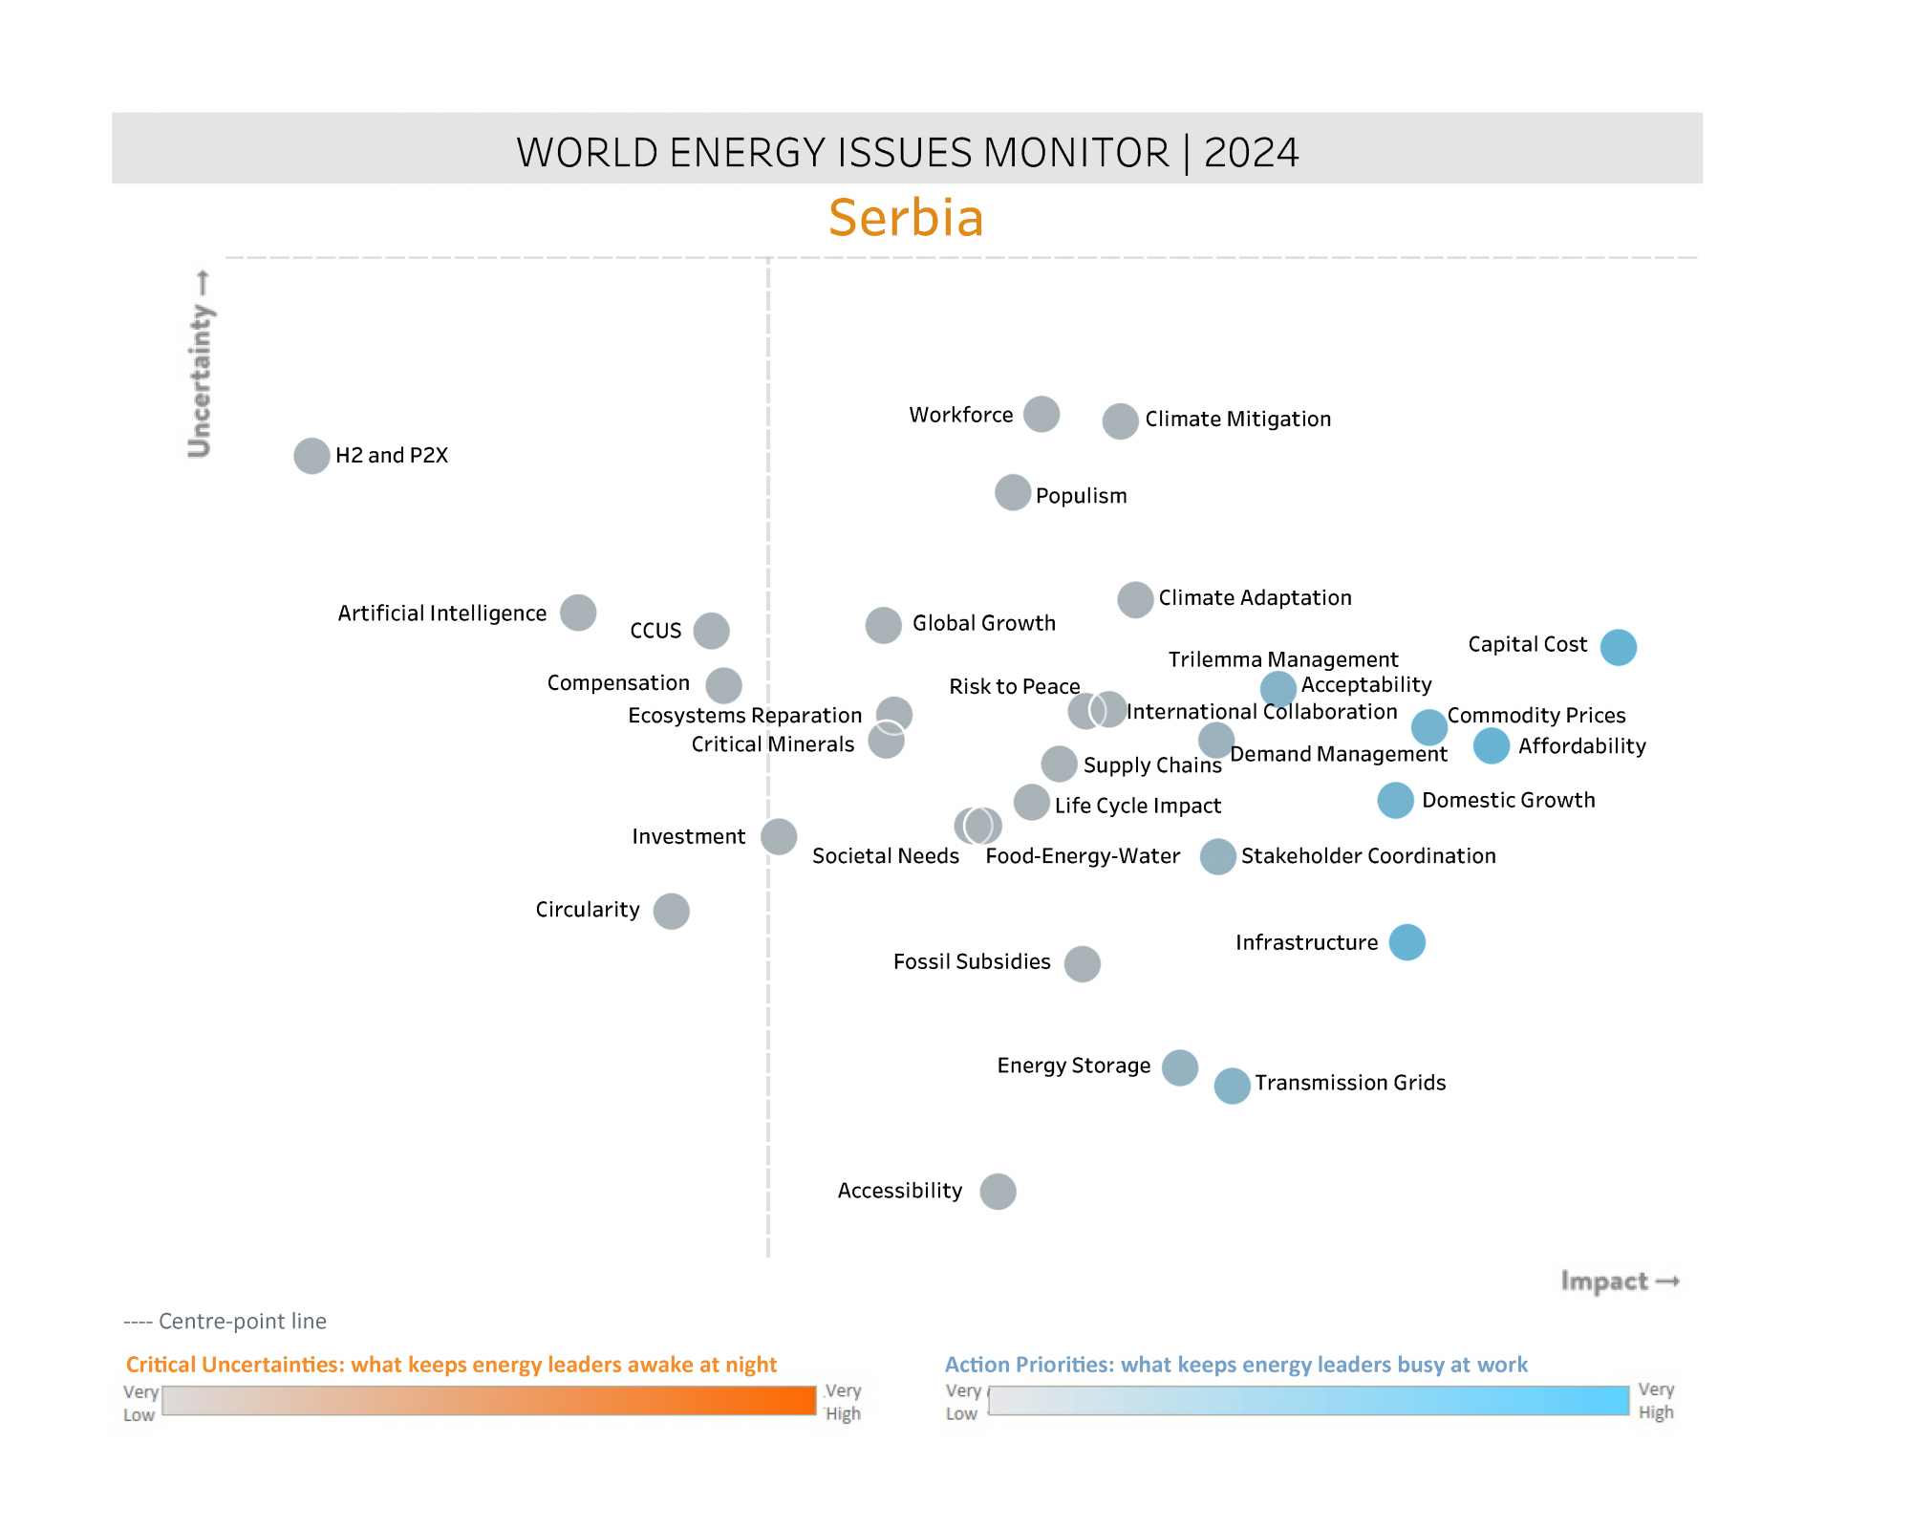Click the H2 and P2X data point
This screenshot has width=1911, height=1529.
[311, 456]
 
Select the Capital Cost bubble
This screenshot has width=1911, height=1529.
[1618, 647]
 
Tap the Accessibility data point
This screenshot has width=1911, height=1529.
[998, 1192]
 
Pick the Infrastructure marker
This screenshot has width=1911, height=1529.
[1406, 942]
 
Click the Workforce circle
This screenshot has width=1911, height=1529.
[1041, 415]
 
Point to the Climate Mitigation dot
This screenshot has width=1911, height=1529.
[1120, 420]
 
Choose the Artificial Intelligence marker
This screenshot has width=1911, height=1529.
[578, 613]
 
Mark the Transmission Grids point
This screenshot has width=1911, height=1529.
[1232, 1086]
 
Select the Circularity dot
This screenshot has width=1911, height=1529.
[671, 911]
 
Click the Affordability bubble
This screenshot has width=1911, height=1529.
[1491, 745]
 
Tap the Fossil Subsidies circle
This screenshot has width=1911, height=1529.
[1082, 964]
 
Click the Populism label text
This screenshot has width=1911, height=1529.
[1081, 496]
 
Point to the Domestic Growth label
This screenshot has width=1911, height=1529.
[1508, 800]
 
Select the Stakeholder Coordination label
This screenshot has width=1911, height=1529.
[1368, 856]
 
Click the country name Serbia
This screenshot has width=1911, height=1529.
[906, 218]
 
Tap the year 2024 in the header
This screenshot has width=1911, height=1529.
[1251, 153]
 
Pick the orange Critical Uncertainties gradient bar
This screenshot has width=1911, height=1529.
[488, 1400]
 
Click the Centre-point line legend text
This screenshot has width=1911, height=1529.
[225, 1321]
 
